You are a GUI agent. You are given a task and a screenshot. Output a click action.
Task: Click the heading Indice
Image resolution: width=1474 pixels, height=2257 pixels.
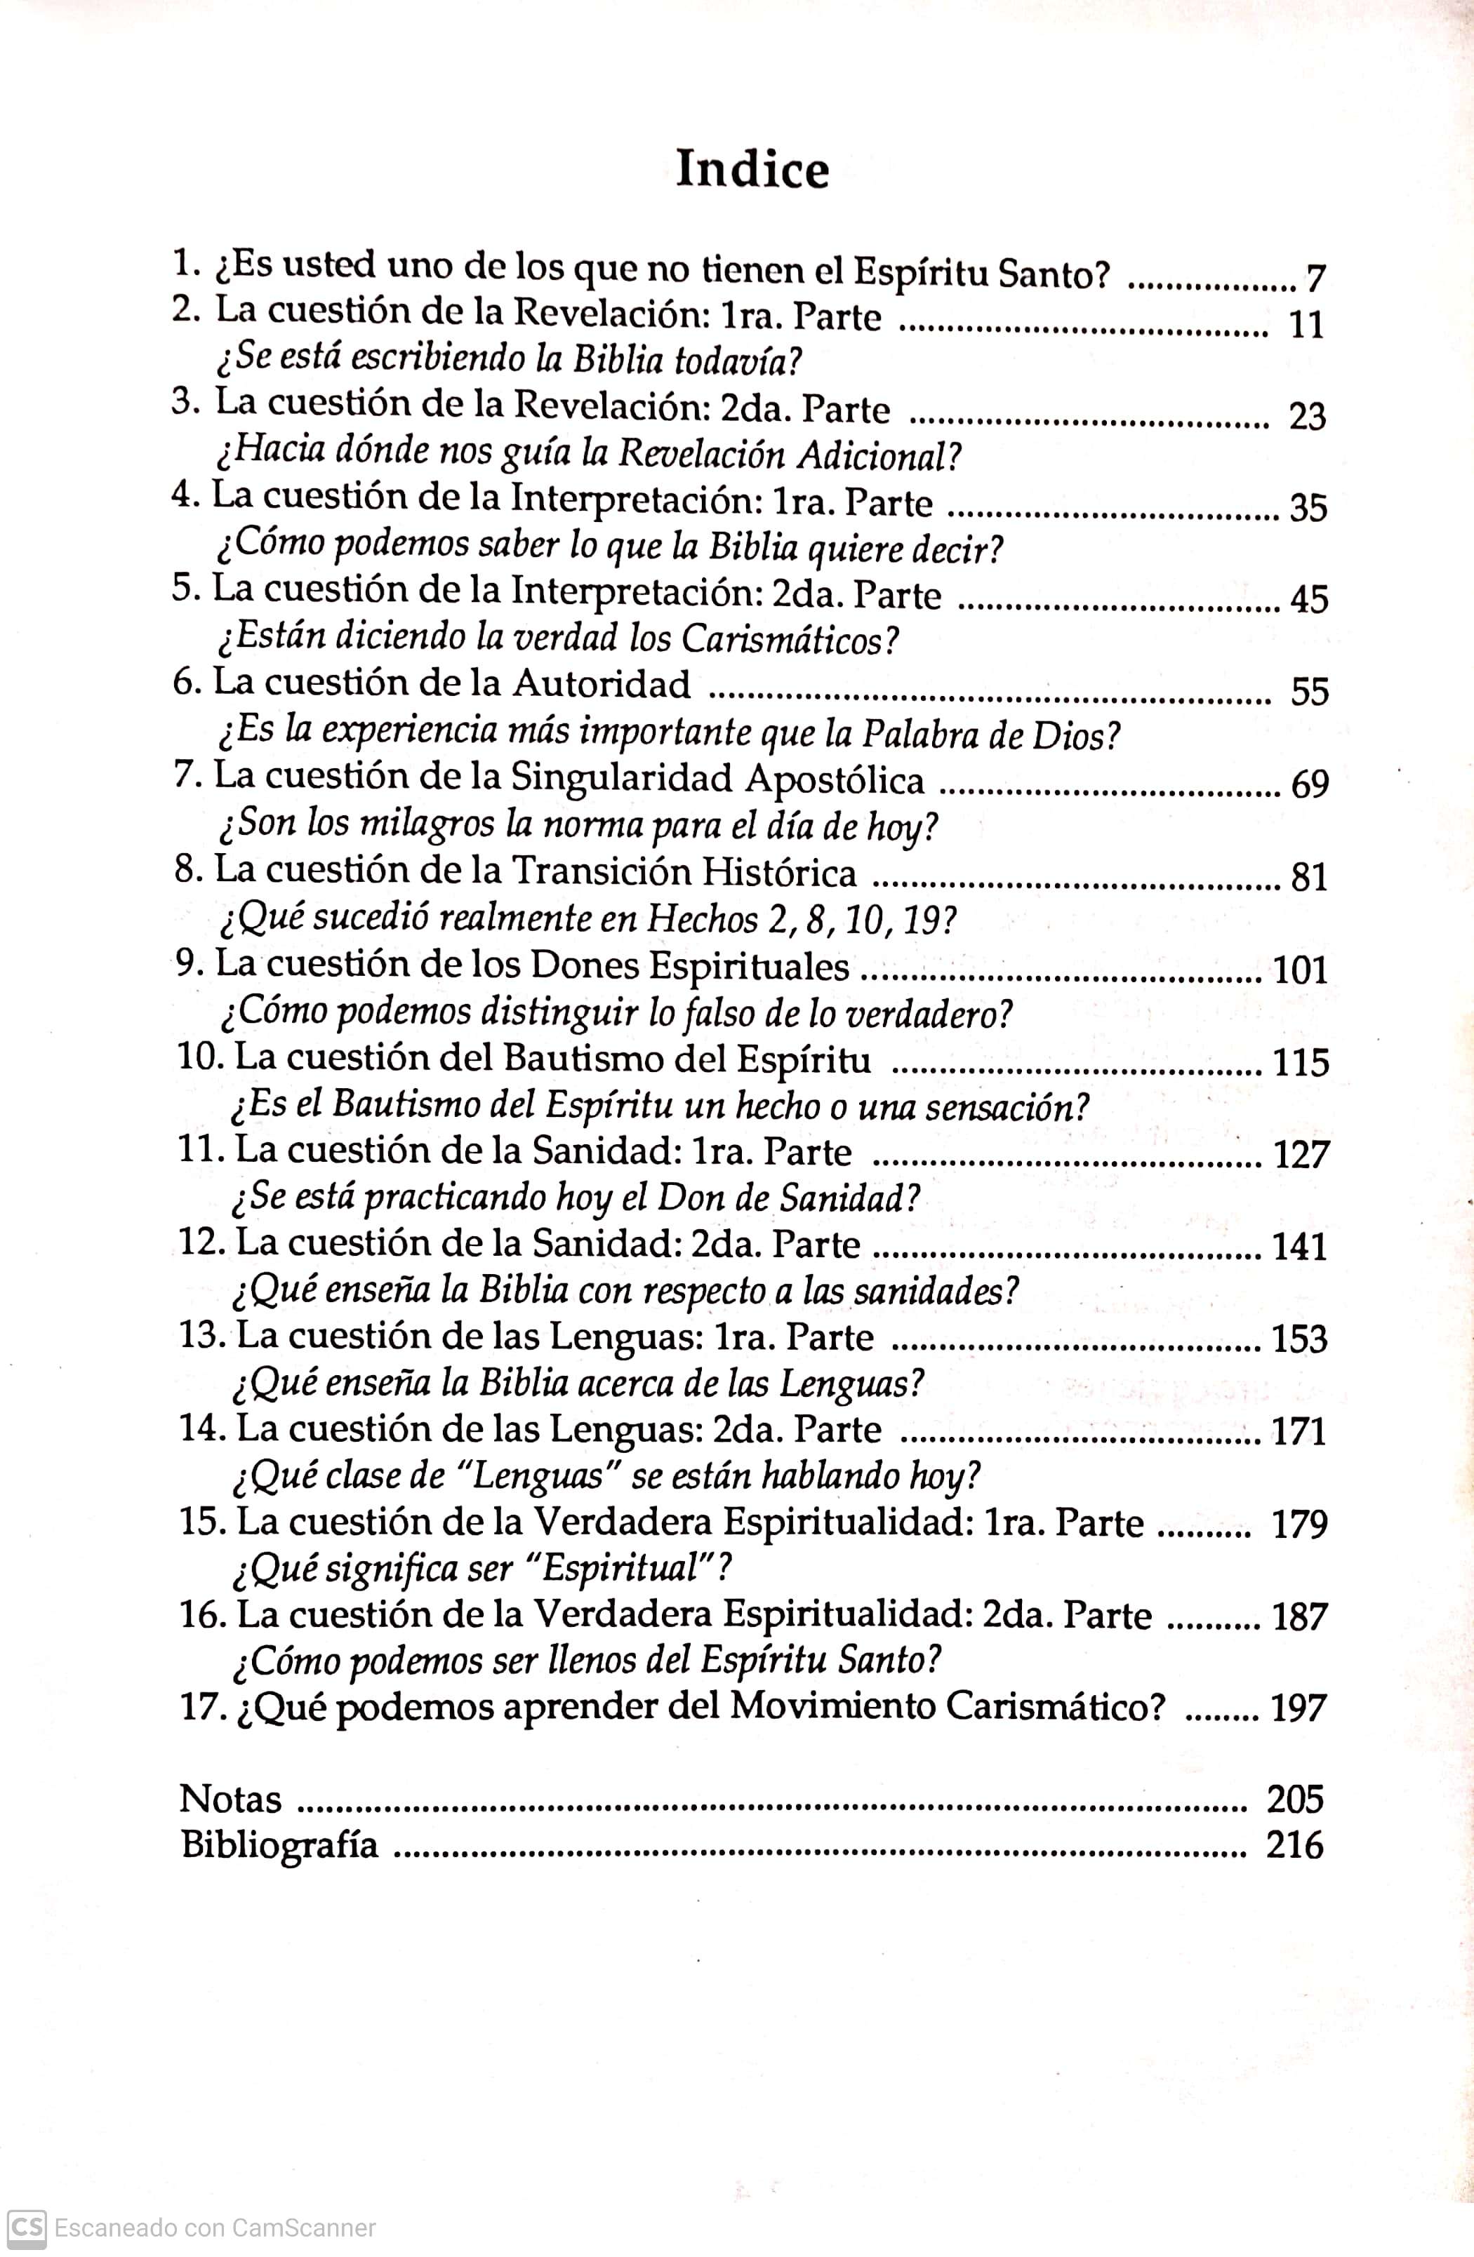tap(752, 170)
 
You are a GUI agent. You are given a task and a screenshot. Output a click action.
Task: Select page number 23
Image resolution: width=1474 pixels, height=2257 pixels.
tap(1306, 416)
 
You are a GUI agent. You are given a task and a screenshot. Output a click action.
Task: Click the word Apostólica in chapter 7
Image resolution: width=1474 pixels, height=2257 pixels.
tap(835, 779)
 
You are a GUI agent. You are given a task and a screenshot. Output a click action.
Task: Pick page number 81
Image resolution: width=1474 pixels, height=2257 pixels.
tap(1309, 877)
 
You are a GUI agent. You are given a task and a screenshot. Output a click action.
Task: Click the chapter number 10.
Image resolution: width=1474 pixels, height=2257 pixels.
tap(199, 1057)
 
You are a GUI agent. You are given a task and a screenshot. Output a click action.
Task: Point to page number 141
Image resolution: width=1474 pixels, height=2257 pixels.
tap(1299, 1246)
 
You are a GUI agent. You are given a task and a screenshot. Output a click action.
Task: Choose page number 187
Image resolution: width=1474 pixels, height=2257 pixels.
tap(1299, 1616)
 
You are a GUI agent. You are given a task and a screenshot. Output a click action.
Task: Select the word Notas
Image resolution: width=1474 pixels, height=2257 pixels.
tap(230, 1799)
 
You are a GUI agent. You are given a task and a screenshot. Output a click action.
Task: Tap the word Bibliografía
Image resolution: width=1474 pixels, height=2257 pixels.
tap(279, 1844)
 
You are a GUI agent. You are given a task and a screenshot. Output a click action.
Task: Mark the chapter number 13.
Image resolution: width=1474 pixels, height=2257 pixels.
tap(203, 1337)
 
